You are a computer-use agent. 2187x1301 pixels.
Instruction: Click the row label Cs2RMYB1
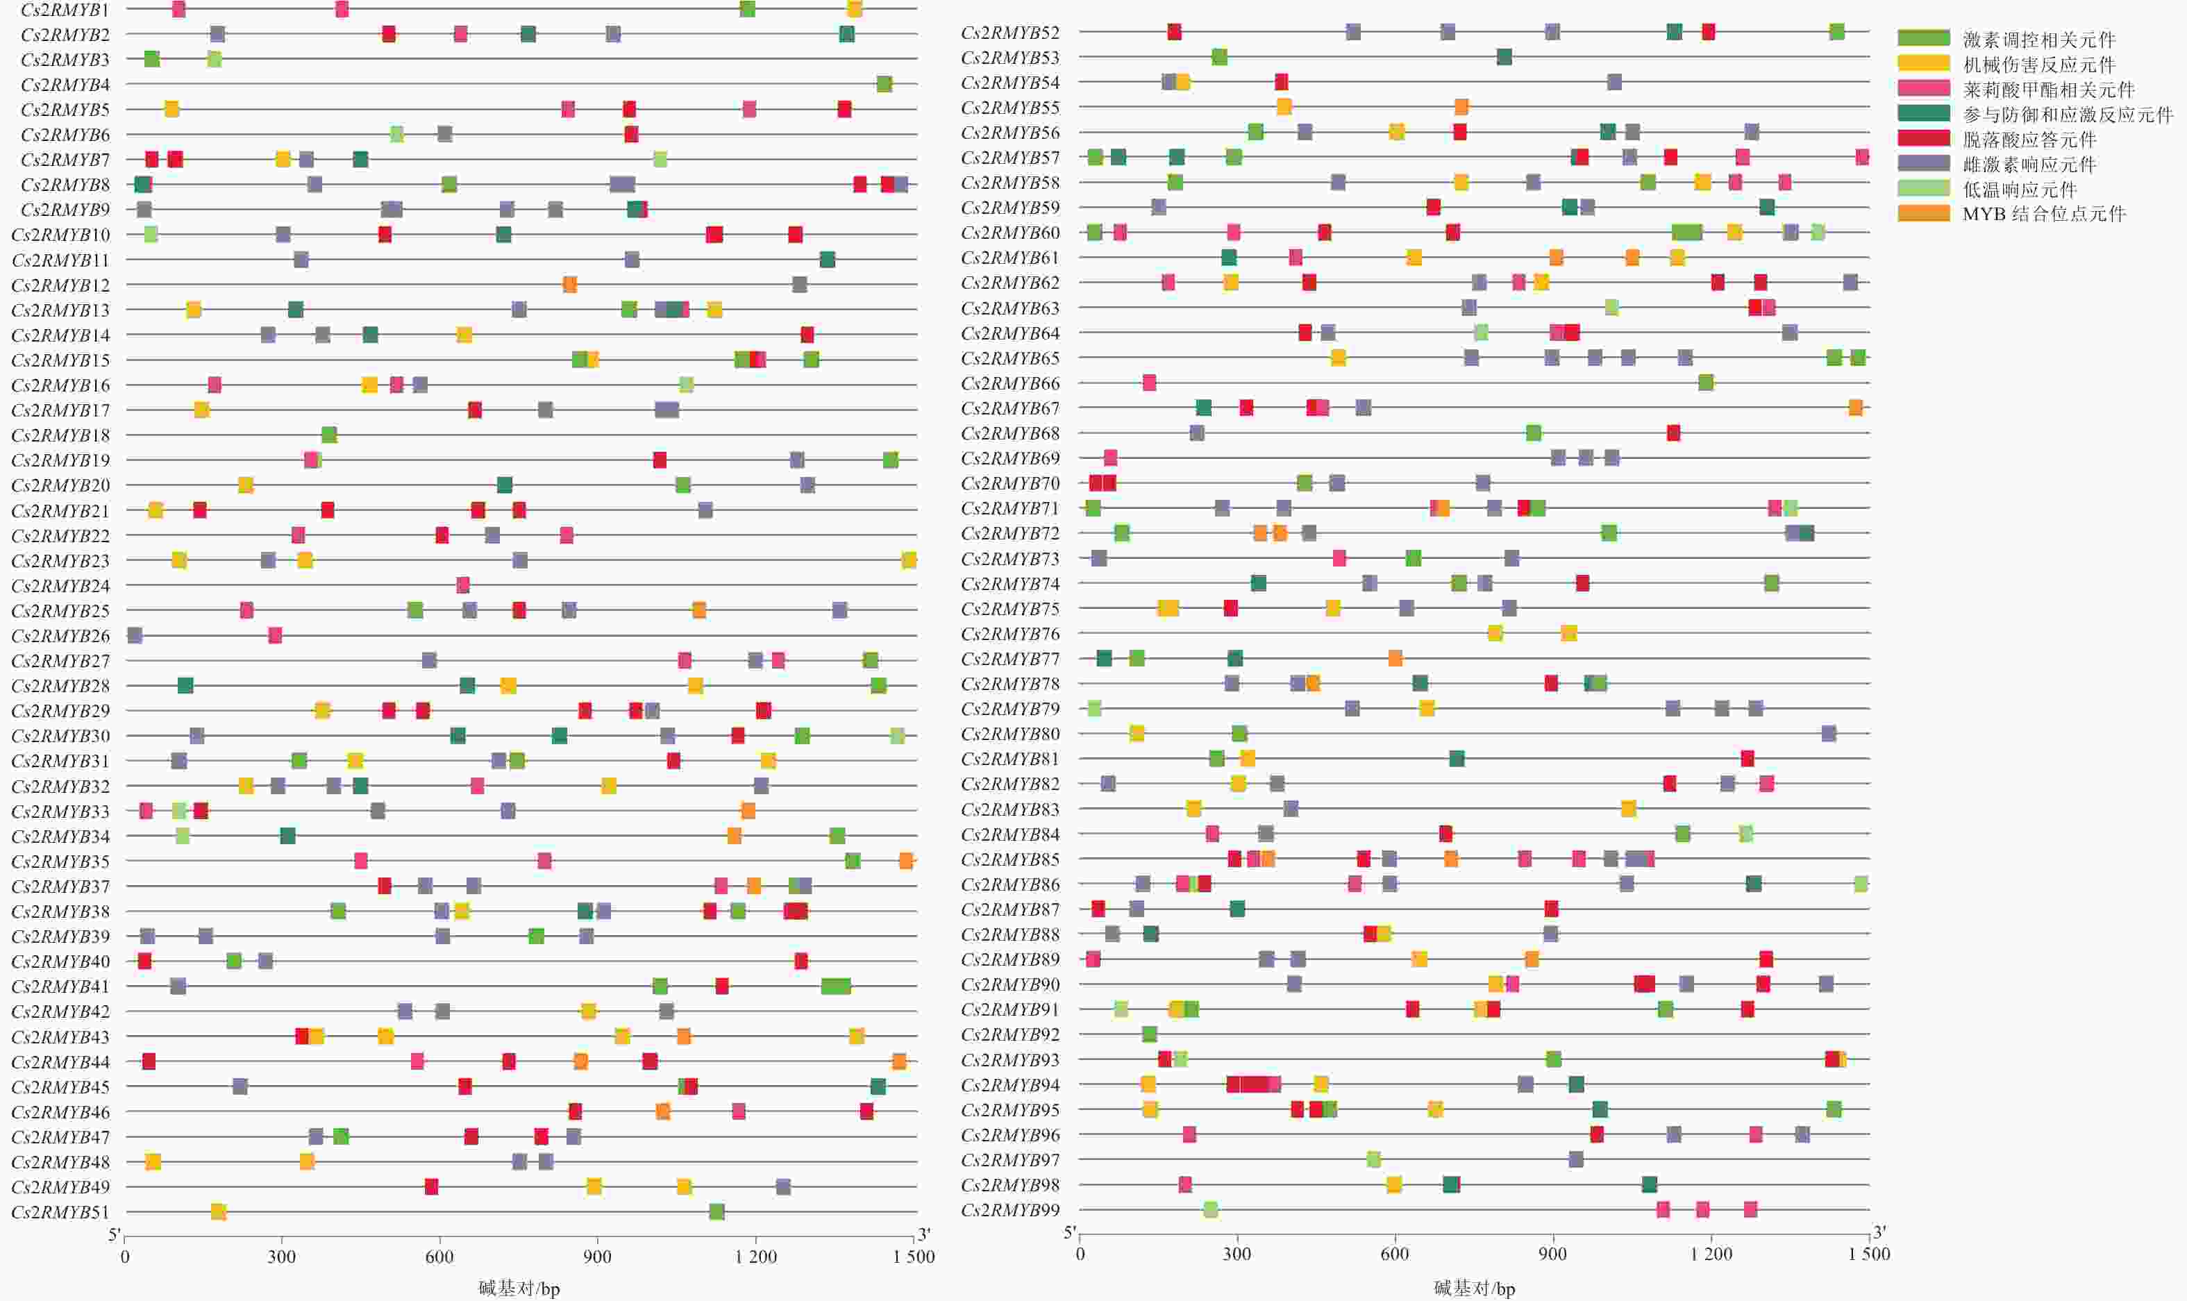click(x=65, y=10)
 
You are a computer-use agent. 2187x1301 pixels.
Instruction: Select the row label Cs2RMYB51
click(x=60, y=1212)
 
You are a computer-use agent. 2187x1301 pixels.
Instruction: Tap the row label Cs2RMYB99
click(x=1009, y=1211)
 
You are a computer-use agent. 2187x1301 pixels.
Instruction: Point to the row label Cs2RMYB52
click(x=1009, y=33)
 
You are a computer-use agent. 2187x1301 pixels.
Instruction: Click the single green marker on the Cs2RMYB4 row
click(x=884, y=84)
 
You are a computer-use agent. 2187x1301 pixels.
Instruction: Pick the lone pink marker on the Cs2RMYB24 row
click(x=463, y=585)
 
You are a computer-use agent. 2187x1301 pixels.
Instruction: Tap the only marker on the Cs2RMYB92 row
click(x=1149, y=1034)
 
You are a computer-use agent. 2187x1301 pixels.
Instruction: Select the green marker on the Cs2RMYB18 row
click(x=328, y=435)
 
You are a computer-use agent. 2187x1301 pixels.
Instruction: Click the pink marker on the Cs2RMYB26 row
click(x=274, y=635)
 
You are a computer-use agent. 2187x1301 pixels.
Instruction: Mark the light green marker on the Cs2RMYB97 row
click(x=1373, y=1160)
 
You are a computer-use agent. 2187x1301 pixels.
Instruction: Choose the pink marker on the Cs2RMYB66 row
click(x=1149, y=383)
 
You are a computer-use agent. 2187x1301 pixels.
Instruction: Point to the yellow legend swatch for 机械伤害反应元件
click(x=1923, y=63)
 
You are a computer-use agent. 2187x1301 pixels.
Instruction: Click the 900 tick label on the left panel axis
click(x=597, y=1257)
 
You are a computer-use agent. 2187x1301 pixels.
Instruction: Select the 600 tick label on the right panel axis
click(x=1395, y=1254)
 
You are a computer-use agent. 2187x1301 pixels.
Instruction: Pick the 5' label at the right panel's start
click(x=1069, y=1234)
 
